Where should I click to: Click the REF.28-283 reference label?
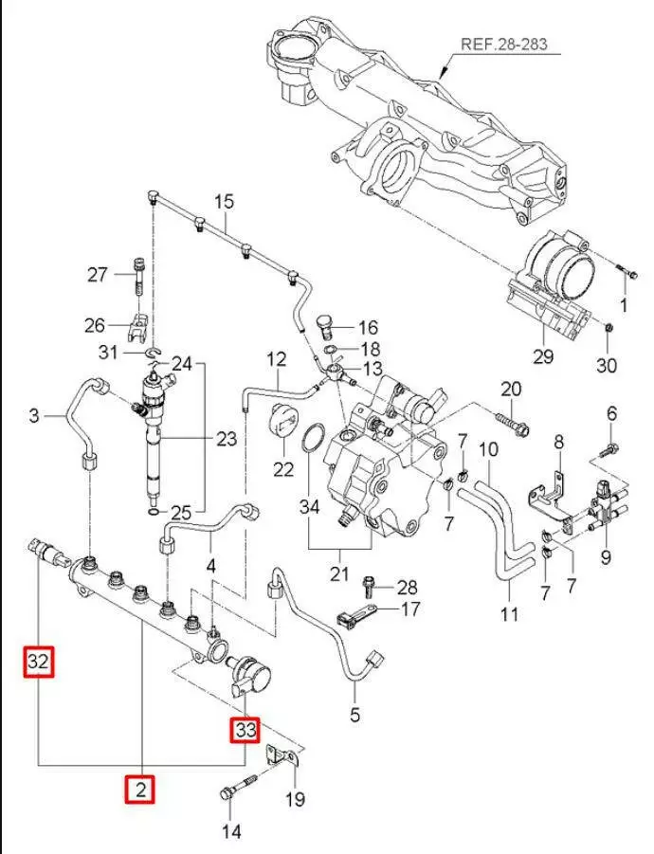point(503,44)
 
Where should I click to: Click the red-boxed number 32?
point(38,662)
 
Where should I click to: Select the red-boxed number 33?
point(245,730)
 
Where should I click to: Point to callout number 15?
point(223,202)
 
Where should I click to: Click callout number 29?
point(542,356)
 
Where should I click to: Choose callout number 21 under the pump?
point(339,574)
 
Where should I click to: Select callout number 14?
point(231,831)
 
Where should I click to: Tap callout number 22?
point(284,468)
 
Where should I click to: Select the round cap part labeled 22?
point(283,422)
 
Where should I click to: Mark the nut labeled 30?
point(609,328)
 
